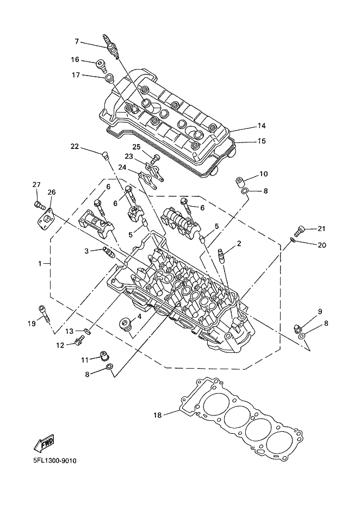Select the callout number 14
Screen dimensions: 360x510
point(262,126)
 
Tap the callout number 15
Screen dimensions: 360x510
point(262,141)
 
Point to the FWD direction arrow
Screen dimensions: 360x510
point(44,443)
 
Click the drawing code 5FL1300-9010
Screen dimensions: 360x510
point(54,461)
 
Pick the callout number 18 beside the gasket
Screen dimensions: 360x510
point(158,415)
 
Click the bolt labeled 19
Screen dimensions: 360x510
point(44,314)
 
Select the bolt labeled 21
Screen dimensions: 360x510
point(299,231)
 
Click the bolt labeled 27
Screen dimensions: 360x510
point(38,204)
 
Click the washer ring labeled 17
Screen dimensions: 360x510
point(109,78)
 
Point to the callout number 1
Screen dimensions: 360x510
point(40,264)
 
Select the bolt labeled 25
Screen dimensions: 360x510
point(156,159)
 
